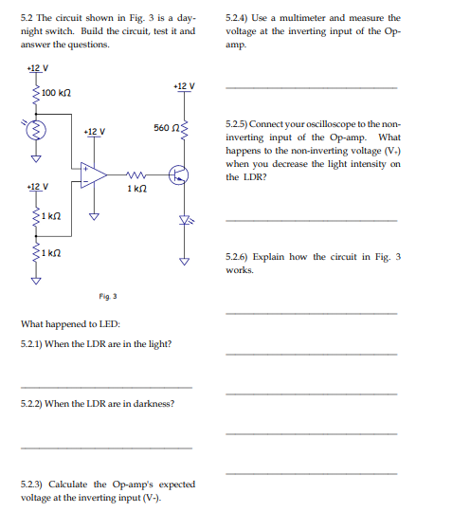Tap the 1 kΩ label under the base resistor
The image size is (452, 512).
tap(136, 191)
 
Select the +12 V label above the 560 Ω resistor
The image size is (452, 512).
tap(184, 87)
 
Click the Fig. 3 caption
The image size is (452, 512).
tap(108, 295)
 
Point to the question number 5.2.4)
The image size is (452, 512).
tap(240, 17)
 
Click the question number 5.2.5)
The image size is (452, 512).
tap(240, 124)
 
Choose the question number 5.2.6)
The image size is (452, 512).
tap(240, 257)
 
